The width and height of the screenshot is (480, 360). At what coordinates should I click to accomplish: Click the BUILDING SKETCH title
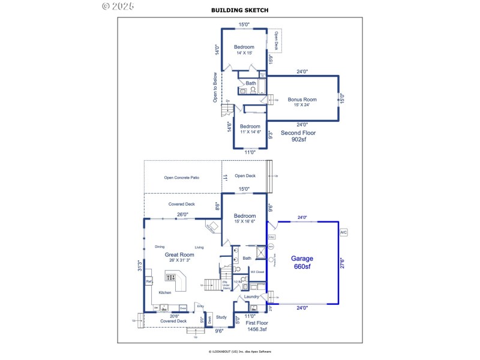point(240,10)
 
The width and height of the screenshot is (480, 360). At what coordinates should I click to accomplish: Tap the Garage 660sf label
point(302,262)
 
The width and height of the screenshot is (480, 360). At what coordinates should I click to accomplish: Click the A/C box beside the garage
point(343,232)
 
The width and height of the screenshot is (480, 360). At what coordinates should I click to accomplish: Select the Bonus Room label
point(302,102)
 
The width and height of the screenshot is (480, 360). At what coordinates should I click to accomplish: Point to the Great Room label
point(179,257)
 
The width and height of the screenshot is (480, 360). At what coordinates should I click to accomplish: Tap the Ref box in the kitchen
point(149,281)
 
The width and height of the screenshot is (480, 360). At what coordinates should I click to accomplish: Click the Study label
point(221,317)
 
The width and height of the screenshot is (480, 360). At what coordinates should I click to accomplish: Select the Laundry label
point(251,296)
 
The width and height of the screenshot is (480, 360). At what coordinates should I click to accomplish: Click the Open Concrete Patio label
point(181,178)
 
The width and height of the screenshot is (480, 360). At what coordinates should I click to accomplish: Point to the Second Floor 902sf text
point(298,136)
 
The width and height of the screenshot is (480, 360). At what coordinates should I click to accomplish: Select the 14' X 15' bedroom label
point(244,50)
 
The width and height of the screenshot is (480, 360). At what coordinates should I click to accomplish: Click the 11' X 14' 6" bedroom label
point(250,129)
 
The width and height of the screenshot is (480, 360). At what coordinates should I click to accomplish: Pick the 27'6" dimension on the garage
point(342,263)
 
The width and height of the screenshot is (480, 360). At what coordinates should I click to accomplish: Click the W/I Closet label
point(258,271)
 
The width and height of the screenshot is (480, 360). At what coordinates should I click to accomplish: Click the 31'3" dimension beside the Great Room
point(139,265)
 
